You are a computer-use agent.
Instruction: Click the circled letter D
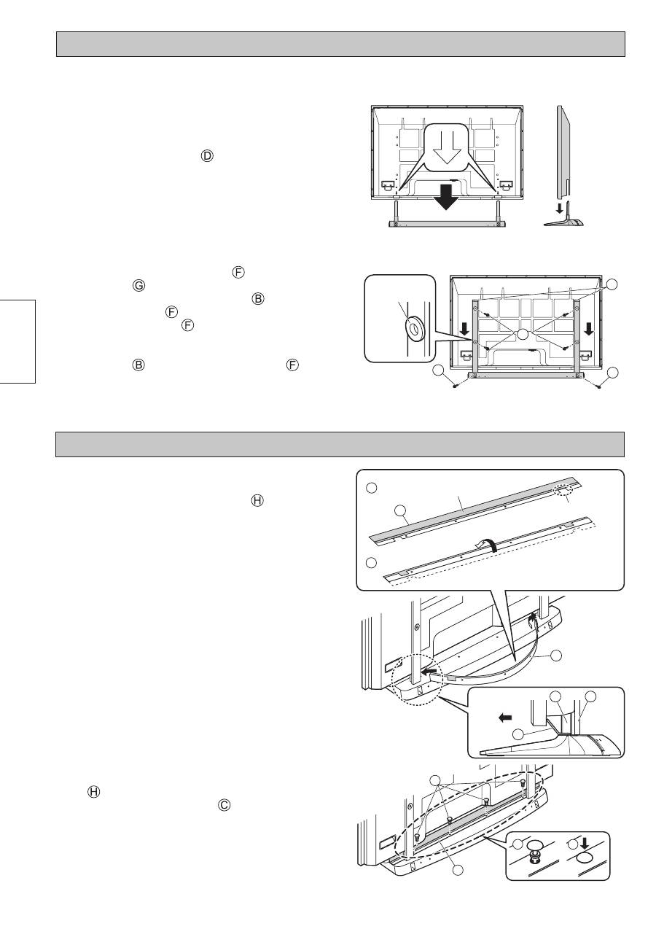click(207, 156)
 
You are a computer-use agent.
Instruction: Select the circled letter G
click(139, 286)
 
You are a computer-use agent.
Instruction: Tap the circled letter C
click(224, 804)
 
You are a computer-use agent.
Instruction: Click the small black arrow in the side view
click(559, 208)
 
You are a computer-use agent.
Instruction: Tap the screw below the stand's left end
click(456, 386)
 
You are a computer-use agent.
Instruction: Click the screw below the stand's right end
click(598, 386)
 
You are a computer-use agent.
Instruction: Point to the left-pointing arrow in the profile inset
click(505, 718)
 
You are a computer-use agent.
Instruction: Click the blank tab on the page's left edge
click(17, 341)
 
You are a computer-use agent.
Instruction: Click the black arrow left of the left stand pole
click(465, 329)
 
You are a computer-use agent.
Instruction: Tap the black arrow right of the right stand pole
click(588, 329)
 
